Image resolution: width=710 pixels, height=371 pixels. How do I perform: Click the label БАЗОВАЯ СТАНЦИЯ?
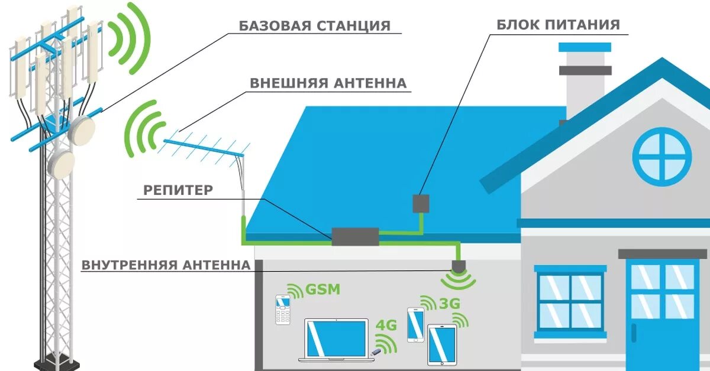pyautogui.click(x=314, y=26)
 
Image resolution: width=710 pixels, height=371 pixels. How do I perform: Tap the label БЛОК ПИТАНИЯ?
pyautogui.click(x=558, y=25)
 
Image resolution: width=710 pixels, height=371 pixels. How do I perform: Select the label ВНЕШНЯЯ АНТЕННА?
pyautogui.click(x=328, y=83)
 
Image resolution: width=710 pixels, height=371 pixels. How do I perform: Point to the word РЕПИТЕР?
pyautogui.click(x=177, y=190)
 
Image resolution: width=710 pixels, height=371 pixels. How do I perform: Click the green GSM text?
pyautogui.click(x=323, y=290)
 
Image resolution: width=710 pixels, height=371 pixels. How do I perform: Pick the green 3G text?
pyautogui.click(x=450, y=304)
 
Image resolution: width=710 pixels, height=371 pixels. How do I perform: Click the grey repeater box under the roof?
pyautogui.click(x=355, y=236)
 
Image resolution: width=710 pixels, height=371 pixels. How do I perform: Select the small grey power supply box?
pyautogui.click(x=421, y=203)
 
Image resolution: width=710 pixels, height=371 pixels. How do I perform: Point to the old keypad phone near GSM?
pyautogui.click(x=283, y=309)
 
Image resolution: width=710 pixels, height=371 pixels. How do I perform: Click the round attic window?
pyautogui.click(x=661, y=157)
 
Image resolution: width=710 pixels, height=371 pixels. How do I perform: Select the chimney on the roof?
pyautogui.click(x=585, y=77)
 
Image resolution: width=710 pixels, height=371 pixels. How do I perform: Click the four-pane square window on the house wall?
pyautogui.click(x=570, y=301)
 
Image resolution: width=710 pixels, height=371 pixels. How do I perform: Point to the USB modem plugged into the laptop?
pyautogui.click(x=375, y=354)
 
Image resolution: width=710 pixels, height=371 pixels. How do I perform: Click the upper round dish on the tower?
pyautogui.click(x=81, y=129)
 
